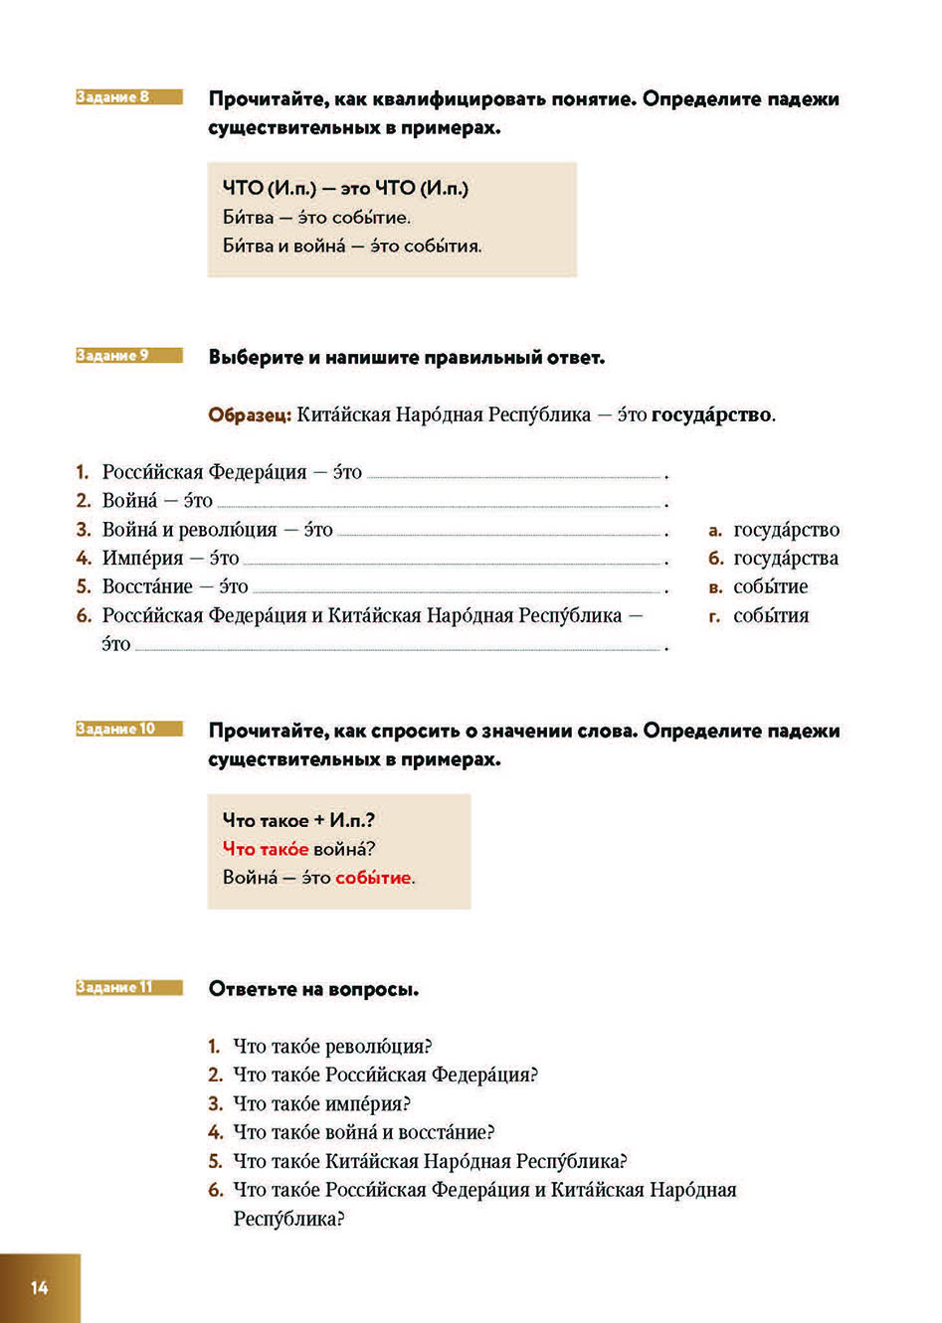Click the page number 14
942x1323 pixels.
tap(39, 1288)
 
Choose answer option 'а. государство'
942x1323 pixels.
tap(774, 531)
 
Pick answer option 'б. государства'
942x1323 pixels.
tap(774, 559)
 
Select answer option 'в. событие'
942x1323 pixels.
tap(758, 587)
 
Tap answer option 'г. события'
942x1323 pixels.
tap(758, 616)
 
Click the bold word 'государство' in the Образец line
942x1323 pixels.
tap(711, 415)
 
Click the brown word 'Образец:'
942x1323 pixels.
tap(250, 415)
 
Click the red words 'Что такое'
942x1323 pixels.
tap(266, 849)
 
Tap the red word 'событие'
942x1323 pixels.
tap(373, 878)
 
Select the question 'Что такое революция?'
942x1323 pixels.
tap(332, 1047)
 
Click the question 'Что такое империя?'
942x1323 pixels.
tap(321, 1104)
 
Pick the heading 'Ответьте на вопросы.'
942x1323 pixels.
tap(313, 989)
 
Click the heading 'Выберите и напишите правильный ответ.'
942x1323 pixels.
tap(406, 358)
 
